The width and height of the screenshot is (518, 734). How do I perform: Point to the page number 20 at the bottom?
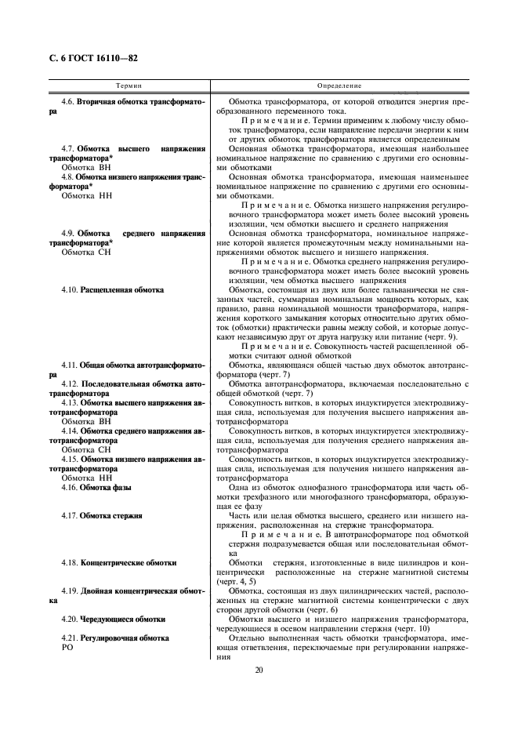click(259, 670)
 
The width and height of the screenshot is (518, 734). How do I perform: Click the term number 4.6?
click(68, 102)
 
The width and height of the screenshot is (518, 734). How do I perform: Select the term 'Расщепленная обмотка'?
click(122, 290)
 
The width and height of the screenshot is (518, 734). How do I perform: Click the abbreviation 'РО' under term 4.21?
click(67, 648)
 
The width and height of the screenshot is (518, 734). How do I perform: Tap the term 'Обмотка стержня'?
click(110, 516)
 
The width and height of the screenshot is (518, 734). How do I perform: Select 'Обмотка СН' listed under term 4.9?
click(87, 253)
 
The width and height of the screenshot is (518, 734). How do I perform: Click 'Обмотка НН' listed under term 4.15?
click(87, 478)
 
